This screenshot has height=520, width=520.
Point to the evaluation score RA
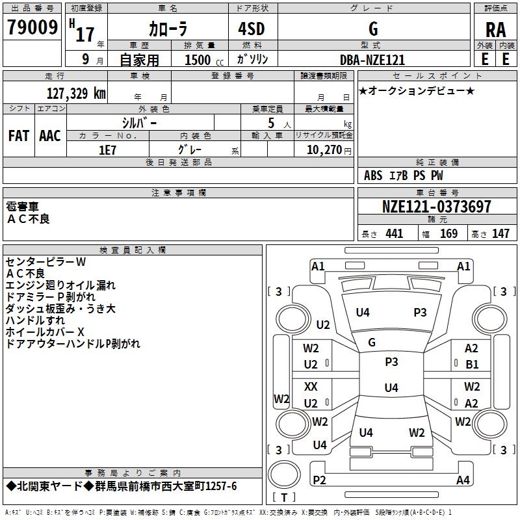tap(495, 30)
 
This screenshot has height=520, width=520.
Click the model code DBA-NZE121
tap(372, 60)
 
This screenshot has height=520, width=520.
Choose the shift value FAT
tap(18, 136)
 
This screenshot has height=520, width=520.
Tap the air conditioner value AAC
tap(50, 136)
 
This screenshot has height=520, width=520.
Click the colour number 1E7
tap(107, 149)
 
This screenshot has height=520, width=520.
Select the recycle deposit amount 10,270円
tap(324, 149)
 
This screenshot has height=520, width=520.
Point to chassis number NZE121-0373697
tap(437, 207)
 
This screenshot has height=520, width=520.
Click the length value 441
tap(394, 234)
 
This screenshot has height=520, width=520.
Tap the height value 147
tap(500, 234)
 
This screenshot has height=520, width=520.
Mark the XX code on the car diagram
tap(311, 387)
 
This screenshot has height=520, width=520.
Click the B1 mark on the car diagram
tap(472, 365)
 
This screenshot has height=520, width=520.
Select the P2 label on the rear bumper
tap(319, 480)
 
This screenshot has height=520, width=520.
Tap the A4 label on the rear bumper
tap(463, 480)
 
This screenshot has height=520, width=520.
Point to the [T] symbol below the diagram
tap(284, 497)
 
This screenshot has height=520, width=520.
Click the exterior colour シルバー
tap(140, 122)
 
